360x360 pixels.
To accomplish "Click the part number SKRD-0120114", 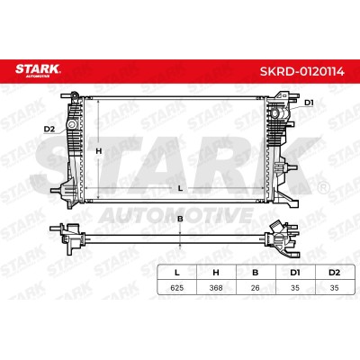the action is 302,71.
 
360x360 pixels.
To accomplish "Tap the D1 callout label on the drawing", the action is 309,103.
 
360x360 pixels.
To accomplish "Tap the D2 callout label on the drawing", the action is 49,129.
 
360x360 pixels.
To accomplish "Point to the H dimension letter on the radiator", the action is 99,151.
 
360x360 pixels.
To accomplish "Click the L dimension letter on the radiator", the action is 180,188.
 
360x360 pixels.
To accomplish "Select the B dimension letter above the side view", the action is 180,219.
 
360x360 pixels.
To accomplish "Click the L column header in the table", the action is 177,273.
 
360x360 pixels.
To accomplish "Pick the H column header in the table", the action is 216,273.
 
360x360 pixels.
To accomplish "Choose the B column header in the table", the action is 256,273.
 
